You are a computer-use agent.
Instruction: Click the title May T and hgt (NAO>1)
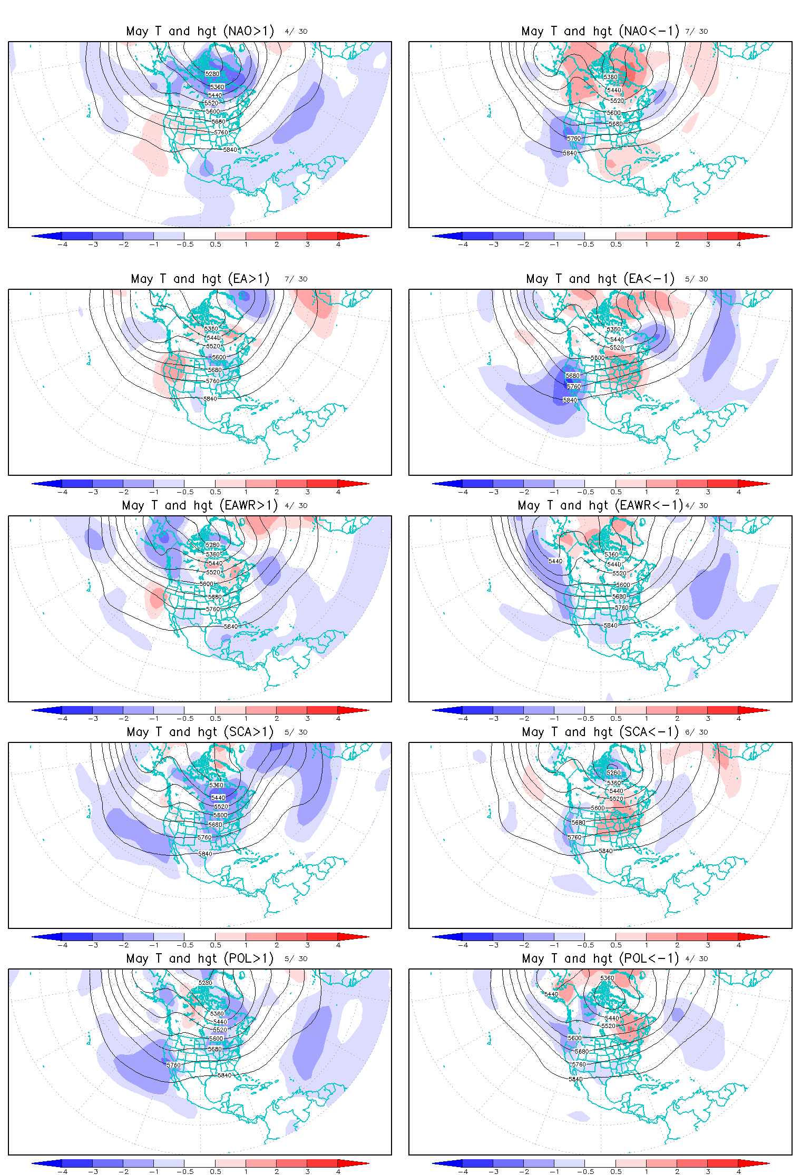click(200, 31)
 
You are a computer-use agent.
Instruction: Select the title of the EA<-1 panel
click(600, 279)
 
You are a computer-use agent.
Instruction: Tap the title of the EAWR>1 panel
click(200, 505)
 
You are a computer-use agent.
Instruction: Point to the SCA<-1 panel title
click(600, 732)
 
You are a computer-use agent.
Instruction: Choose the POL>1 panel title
click(200, 958)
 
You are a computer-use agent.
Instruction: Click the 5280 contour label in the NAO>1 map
click(212, 74)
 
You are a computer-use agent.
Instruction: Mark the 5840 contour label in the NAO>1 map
click(230, 150)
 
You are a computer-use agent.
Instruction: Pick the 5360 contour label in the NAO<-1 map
click(610, 77)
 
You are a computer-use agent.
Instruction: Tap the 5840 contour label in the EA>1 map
click(210, 399)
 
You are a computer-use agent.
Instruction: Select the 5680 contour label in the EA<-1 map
click(573, 376)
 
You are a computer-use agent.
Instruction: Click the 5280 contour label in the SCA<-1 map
click(613, 772)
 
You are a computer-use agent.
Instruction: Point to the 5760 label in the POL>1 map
click(174, 1065)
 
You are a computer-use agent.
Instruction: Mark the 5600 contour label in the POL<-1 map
click(574, 1037)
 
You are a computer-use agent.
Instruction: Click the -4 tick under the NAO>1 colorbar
click(63, 244)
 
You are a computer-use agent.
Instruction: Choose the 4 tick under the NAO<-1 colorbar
click(738, 244)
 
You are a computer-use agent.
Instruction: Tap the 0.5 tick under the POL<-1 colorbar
click(616, 1172)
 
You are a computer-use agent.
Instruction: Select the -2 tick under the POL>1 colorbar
click(124, 1172)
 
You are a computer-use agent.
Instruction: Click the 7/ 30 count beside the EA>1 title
click(296, 279)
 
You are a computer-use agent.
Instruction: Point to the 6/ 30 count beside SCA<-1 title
click(697, 732)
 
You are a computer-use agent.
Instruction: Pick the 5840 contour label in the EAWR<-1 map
click(610, 625)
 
